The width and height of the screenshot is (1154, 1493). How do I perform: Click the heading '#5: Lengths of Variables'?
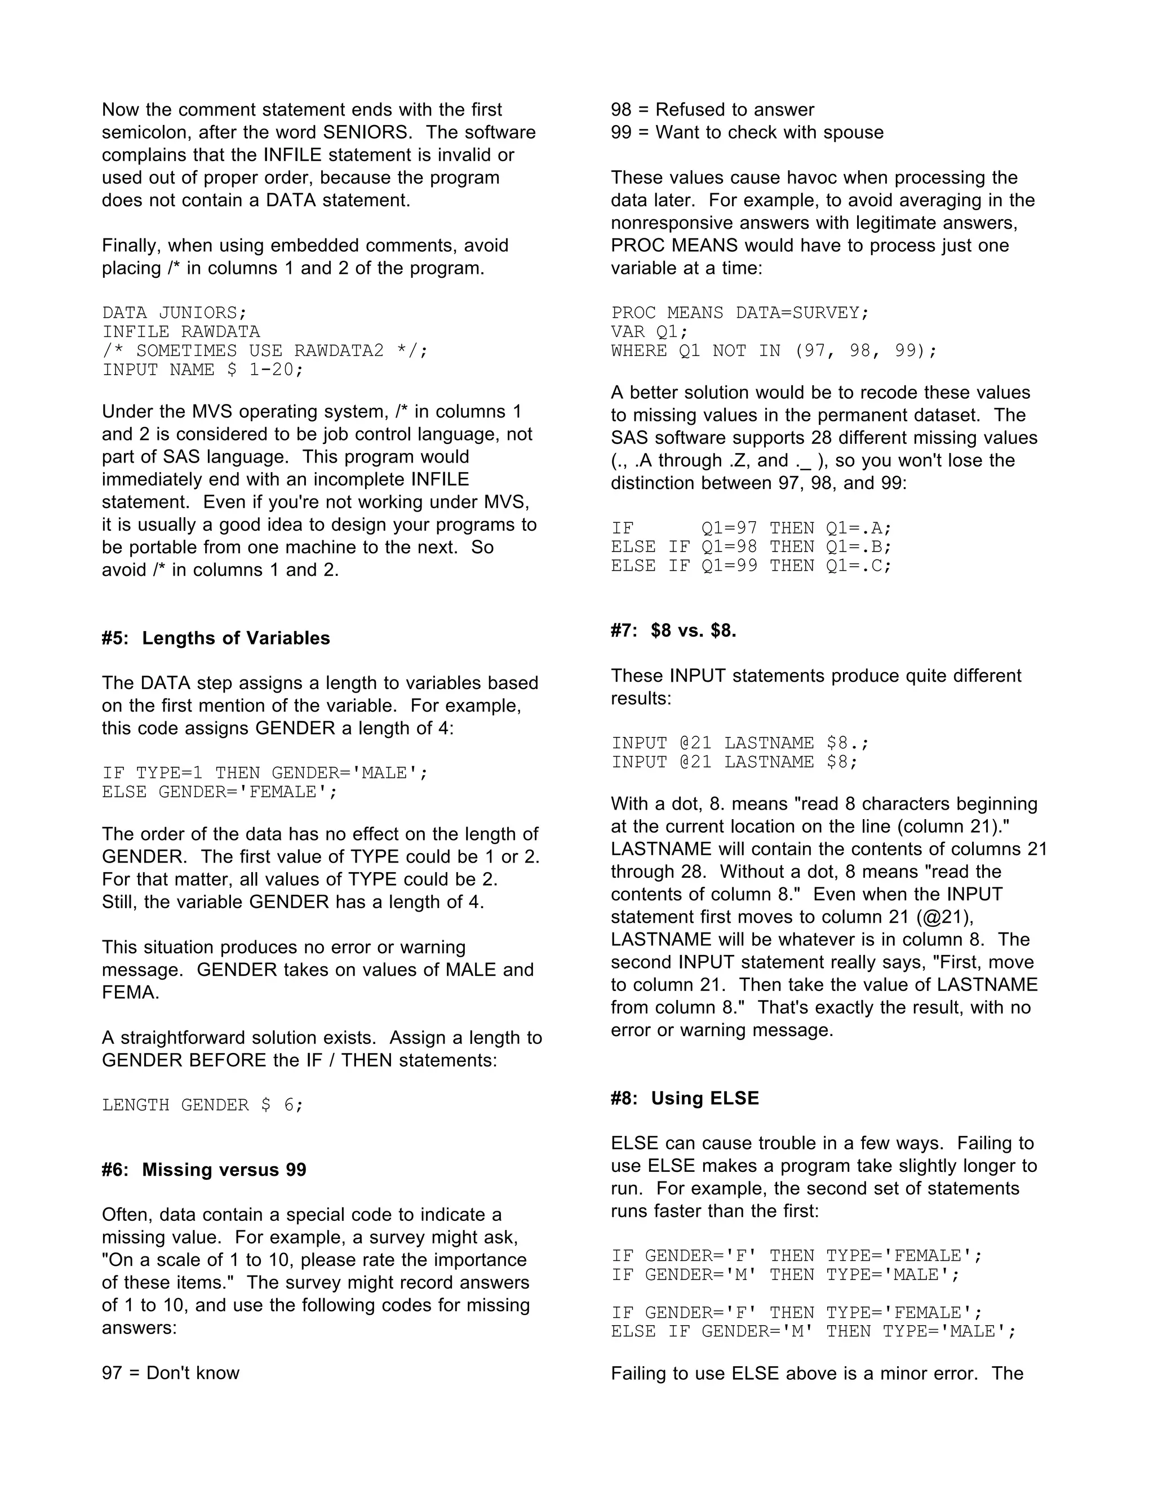[215, 638]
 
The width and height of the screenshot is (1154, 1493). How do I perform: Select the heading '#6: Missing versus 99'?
[204, 1170]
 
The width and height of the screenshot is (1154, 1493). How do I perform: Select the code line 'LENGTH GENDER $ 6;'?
[202, 1105]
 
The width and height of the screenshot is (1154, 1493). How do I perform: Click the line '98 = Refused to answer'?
[712, 110]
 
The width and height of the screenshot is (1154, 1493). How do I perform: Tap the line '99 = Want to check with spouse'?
[747, 132]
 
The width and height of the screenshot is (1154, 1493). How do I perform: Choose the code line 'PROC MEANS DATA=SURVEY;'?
[740, 313]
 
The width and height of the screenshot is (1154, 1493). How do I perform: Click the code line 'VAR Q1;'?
[650, 332]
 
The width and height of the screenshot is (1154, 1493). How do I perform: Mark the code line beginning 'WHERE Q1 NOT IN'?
[773, 352]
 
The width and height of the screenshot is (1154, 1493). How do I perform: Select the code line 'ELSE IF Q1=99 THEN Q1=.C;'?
[751, 566]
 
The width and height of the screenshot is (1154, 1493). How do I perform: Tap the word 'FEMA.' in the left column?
[130, 992]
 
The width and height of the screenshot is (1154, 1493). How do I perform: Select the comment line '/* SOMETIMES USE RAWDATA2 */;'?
[265, 352]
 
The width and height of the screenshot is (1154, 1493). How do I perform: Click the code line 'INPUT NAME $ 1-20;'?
[202, 370]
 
